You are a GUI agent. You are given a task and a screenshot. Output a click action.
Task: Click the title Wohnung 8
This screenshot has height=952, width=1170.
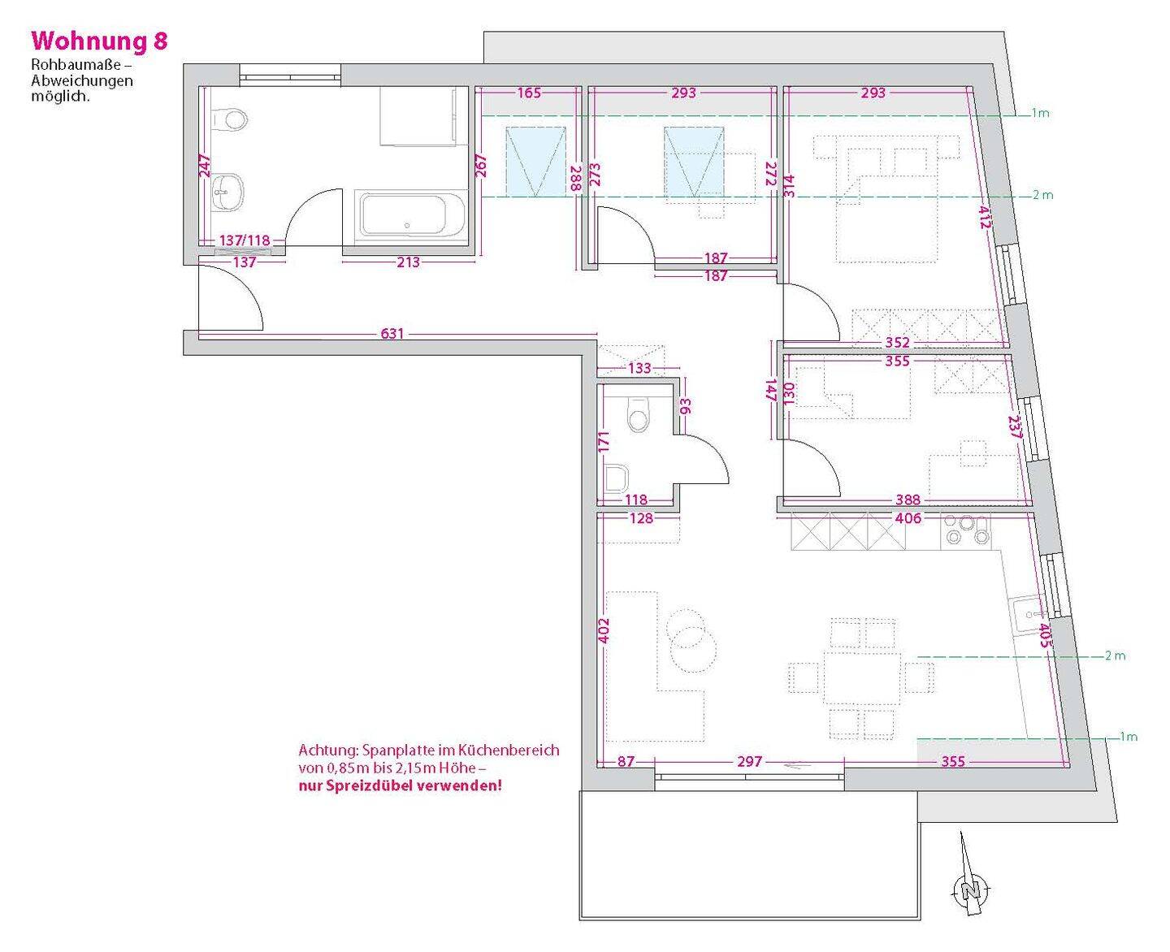[99, 41]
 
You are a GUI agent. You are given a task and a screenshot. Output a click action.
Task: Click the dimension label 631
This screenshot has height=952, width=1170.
[392, 333]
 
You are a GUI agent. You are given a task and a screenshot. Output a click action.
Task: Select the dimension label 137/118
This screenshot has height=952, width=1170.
[245, 240]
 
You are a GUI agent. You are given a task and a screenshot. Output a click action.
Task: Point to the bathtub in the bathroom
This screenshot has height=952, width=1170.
[412, 214]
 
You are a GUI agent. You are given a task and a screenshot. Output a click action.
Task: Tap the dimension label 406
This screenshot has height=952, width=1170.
[908, 517]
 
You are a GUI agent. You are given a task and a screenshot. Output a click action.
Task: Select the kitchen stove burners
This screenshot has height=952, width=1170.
[967, 531]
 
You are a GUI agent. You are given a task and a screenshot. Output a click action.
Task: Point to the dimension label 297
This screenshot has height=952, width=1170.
[750, 761]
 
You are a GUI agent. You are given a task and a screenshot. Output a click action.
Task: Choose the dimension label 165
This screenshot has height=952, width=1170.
[529, 93]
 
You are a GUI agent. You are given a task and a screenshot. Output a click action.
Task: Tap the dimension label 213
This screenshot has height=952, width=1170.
[408, 262]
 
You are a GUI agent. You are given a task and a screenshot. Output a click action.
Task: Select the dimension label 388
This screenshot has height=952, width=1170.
[908, 500]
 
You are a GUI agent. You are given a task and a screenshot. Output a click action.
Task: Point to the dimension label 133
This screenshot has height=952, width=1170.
[639, 368]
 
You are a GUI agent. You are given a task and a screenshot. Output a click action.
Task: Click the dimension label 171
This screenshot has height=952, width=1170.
[604, 442]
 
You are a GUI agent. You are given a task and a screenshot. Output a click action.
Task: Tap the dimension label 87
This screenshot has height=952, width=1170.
[626, 761]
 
